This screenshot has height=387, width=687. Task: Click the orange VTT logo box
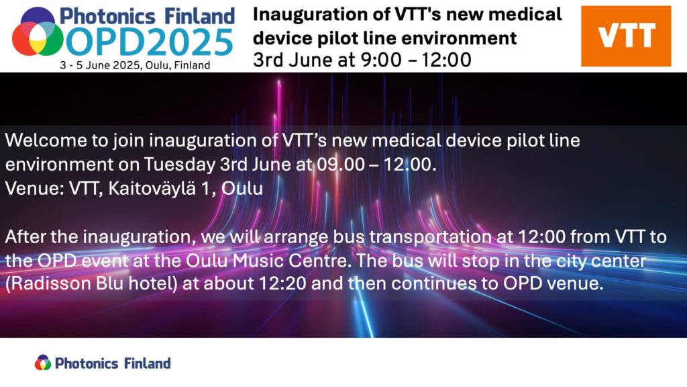pyautogui.click(x=626, y=36)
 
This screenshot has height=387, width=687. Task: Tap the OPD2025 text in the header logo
pyautogui.click(x=150, y=42)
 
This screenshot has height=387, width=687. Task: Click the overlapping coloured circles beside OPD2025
pyautogui.click(x=38, y=32)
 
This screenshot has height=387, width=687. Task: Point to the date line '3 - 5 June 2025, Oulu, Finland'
pyautogui.click(x=136, y=65)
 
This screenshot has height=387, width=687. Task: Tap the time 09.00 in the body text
pyautogui.click(x=341, y=165)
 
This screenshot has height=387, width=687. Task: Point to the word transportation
pyautogui.click(x=431, y=237)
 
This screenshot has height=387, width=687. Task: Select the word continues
pyautogui.click(x=433, y=284)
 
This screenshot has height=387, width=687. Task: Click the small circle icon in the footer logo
pyautogui.click(x=43, y=362)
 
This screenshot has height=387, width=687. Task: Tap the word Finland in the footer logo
pyautogui.click(x=147, y=363)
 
